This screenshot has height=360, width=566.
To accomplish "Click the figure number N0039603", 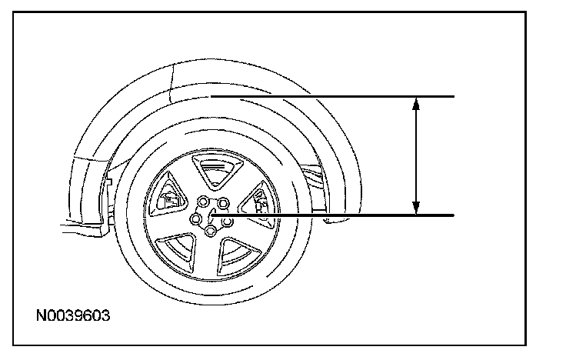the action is click(73, 315).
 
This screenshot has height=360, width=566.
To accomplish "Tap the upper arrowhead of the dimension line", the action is click(416, 104).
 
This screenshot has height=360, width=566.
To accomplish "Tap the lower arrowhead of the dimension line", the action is click(416, 208).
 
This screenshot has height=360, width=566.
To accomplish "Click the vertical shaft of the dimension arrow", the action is click(416, 156).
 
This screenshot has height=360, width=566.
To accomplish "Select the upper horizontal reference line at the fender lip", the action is click(332, 96).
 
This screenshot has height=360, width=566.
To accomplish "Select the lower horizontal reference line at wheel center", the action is click(332, 215).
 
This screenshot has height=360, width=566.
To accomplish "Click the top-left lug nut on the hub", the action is click(203, 202).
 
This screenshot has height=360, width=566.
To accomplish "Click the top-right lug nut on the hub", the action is click(224, 203).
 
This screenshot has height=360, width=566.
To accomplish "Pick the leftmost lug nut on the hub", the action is click(196, 218).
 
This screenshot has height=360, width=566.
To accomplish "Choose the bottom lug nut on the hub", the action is click(210, 230).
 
